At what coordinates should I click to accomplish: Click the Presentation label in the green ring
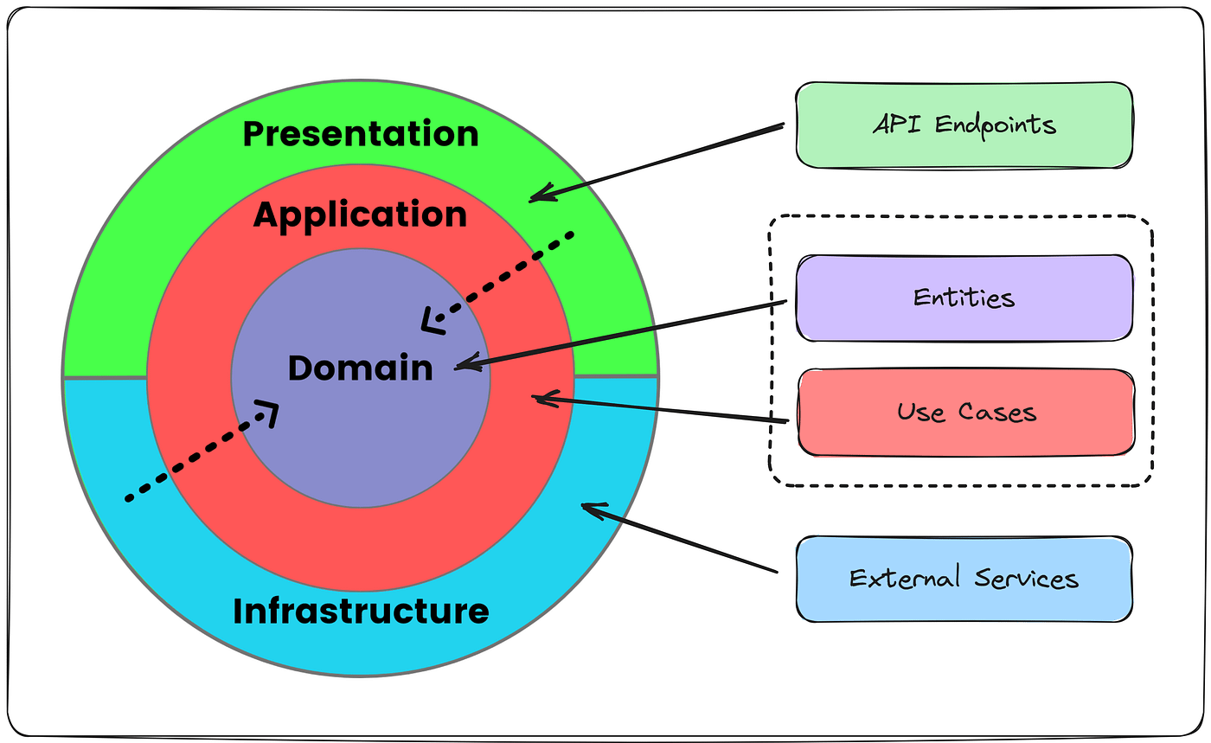[x=360, y=134]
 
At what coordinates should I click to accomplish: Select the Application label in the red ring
[x=360, y=215]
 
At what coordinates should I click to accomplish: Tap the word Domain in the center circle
[x=360, y=368]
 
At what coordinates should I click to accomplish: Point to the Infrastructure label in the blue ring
[x=361, y=611]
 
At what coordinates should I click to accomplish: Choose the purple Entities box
[x=964, y=298]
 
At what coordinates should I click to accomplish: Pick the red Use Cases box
[x=965, y=412]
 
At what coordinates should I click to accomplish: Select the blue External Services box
[x=964, y=578]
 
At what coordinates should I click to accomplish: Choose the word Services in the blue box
[x=1026, y=578]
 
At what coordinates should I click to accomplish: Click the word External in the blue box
[x=905, y=578]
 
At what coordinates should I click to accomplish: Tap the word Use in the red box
[x=922, y=412]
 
